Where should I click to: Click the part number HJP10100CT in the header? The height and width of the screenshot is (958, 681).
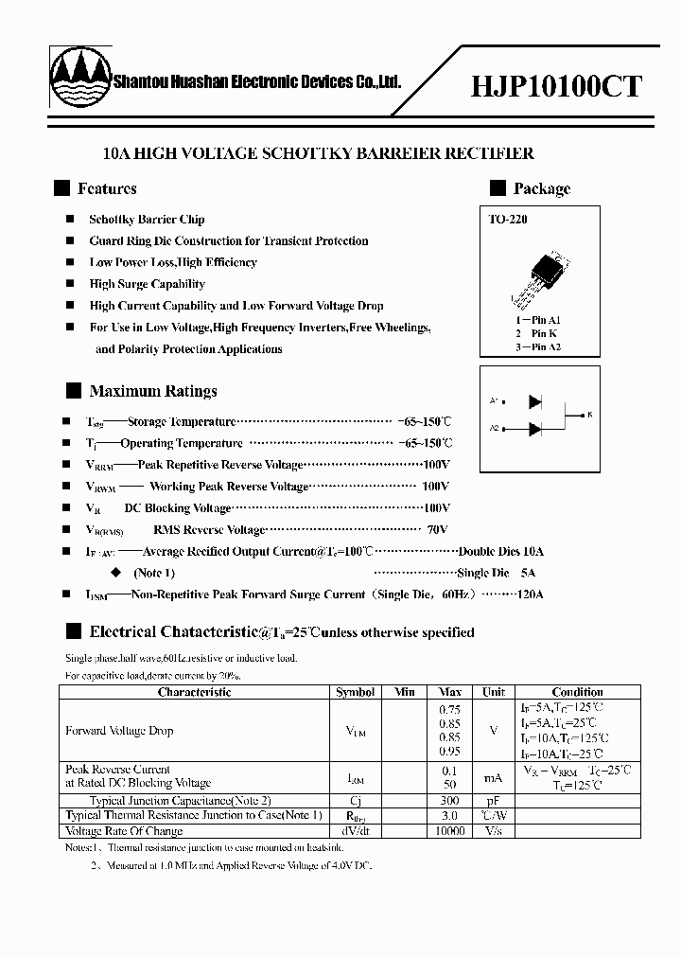pyautogui.click(x=556, y=87)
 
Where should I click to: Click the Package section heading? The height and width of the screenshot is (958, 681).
pyautogui.click(x=541, y=188)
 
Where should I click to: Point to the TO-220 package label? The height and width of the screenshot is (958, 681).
pyautogui.click(x=507, y=220)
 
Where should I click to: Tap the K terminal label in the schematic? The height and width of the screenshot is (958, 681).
pyautogui.click(x=589, y=415)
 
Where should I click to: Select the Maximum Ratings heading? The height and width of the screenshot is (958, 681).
pyautogui.click(x=152, y=391)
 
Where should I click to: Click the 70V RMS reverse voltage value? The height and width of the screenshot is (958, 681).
pyautogui.click(x=436, y=530)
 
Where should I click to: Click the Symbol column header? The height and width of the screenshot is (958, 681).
pyautogui.click(x=356, y=692)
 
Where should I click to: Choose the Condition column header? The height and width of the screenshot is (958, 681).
pyautogui.click(x=577, y=692)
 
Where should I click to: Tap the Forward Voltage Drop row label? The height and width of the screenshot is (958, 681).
pyautogui.click(x=119, y=731)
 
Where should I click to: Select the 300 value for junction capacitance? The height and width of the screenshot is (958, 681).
pyautogui.click(x=450, y=800)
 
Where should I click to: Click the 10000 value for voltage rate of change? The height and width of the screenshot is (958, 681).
pyautogui.click(x=450, y=830)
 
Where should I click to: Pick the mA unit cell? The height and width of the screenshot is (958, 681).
pyautogui.click(x=494, y=777)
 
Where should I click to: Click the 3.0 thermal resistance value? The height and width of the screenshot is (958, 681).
pyautogui.click(x=450, y=815)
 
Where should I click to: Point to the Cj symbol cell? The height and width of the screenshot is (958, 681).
pyautogui.click(x=356, y=800)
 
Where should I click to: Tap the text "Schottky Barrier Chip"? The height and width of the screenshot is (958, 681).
pyautogui.click(x=147, y=220)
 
